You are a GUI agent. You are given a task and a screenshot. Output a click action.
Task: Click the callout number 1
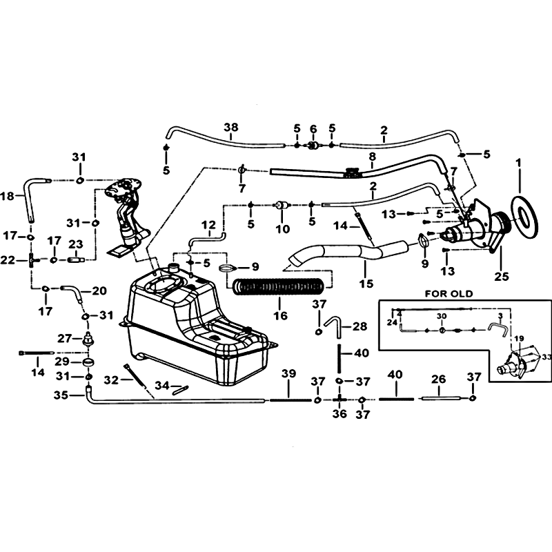[518, 164]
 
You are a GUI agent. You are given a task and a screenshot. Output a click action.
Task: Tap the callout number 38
[231, 127]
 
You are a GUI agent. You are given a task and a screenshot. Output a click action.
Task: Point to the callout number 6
[313, 129]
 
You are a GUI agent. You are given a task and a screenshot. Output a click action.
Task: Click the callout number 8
[372, 156]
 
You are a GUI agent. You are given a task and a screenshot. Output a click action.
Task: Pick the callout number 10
[282, 229]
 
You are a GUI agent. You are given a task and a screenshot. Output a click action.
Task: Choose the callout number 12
[208, 225]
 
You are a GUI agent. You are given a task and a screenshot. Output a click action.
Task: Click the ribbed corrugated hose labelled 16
[278, 286]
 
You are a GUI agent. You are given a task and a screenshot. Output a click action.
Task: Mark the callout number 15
[366, 284]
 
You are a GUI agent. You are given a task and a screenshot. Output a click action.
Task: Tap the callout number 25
[502, 277]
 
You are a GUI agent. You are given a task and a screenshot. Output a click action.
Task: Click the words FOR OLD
[449, 294]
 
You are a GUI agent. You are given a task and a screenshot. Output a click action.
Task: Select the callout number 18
[7, 196]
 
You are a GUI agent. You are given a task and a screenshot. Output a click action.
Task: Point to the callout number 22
[8, 260]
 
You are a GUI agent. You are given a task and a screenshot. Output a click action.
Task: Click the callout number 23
[76, 244]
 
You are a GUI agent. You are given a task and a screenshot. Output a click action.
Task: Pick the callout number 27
[65, 339]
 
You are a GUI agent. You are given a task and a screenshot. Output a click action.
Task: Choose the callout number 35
[61, 395]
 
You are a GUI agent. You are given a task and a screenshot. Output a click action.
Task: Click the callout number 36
[339, 413]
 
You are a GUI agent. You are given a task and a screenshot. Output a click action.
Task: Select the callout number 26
[438, 379]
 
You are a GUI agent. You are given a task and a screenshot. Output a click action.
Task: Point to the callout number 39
[288, 374]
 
